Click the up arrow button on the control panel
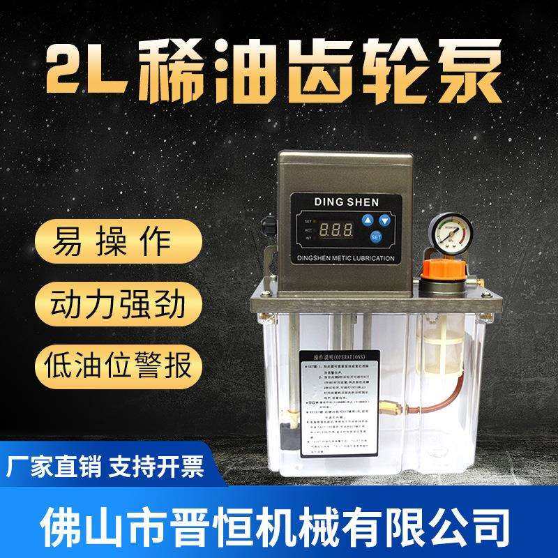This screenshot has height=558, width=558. coord(368,220)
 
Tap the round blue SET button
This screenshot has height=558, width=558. coord(376,237)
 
